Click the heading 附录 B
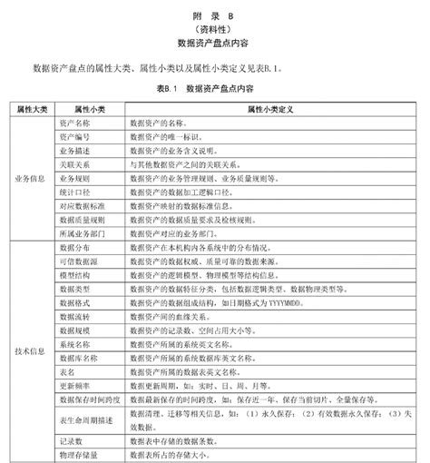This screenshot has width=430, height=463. click(x=215, y=15)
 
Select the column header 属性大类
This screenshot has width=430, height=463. click(x=33, y=107)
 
